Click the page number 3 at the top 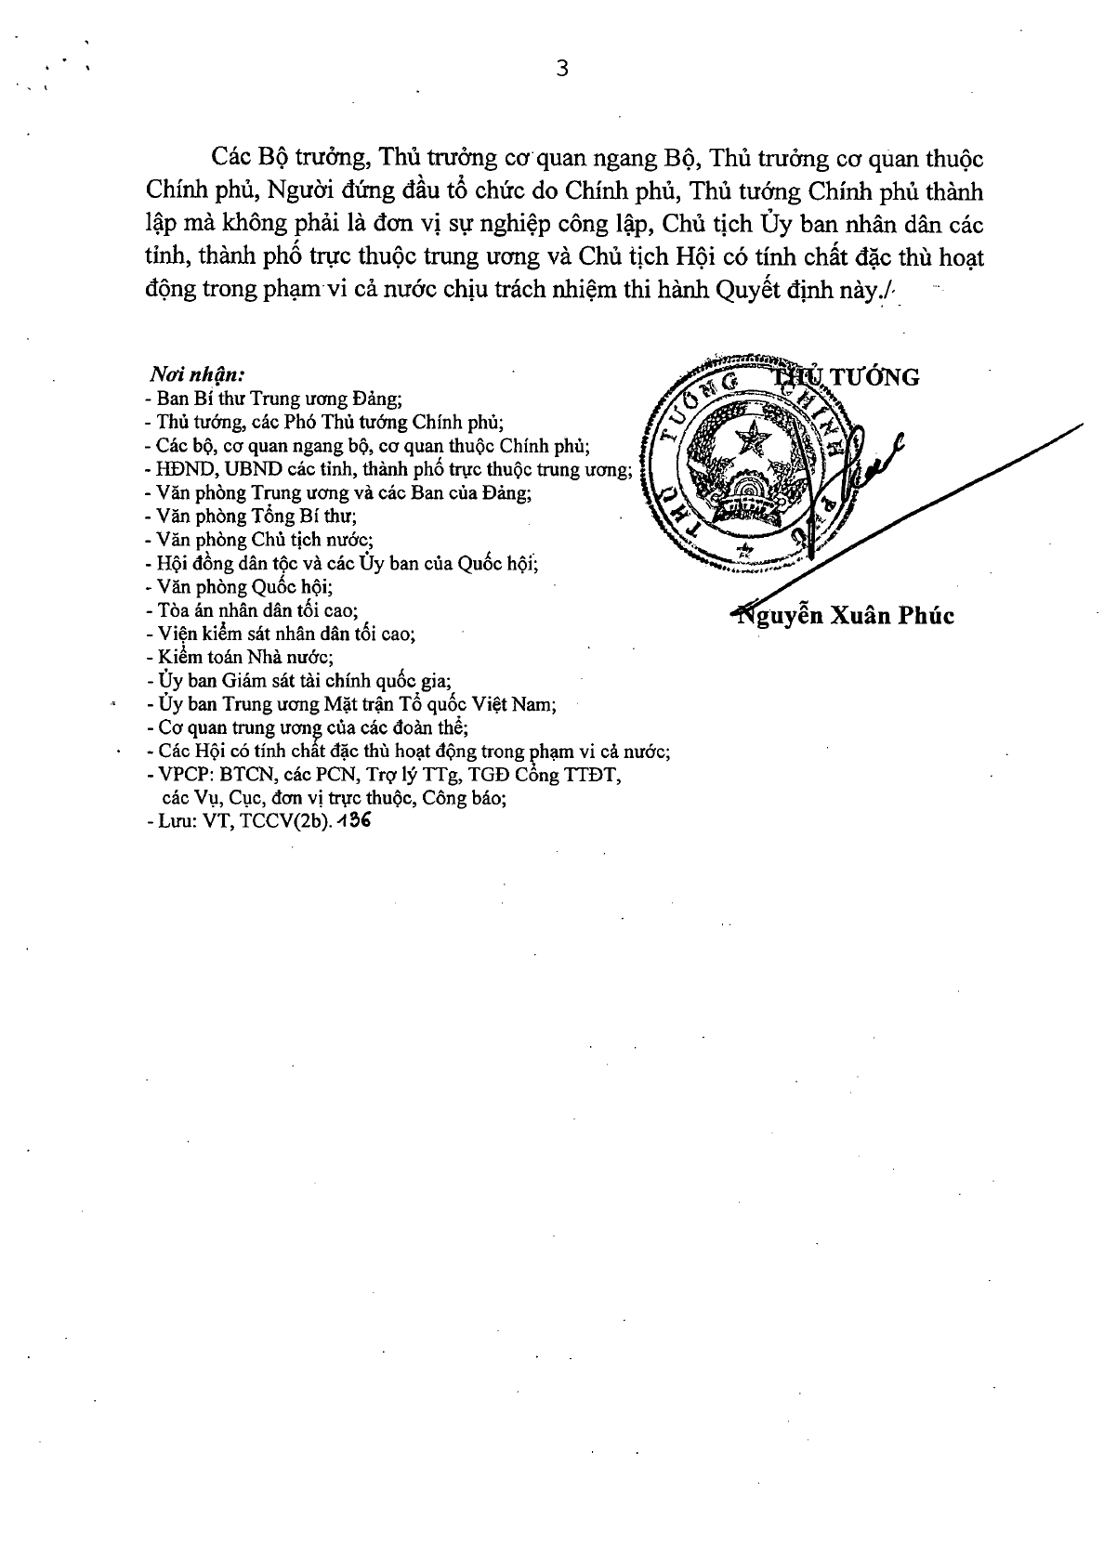point(560,69)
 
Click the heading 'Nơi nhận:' point(196,375)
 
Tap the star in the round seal point(751,438)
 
